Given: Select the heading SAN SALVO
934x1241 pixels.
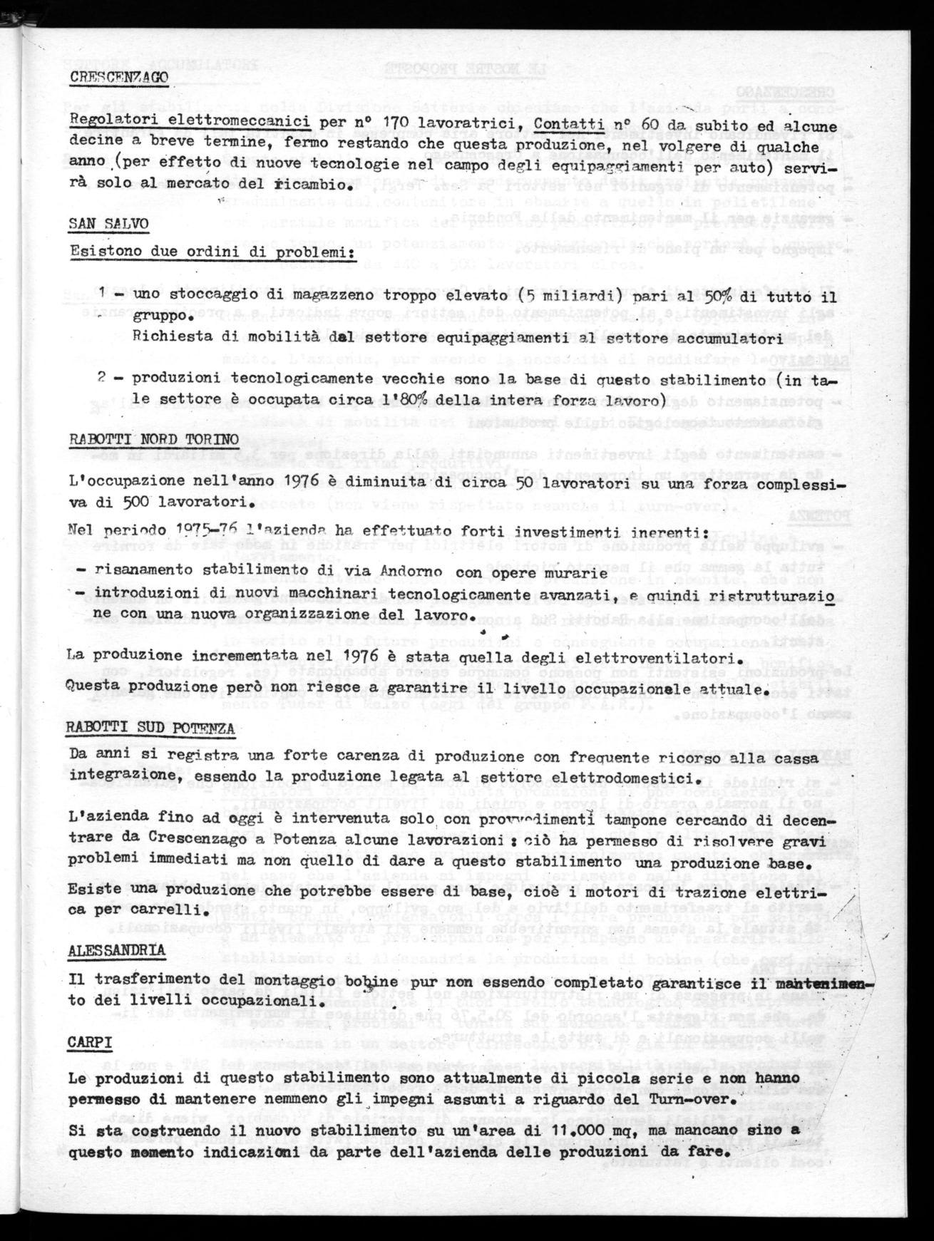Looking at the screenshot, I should (109, 224).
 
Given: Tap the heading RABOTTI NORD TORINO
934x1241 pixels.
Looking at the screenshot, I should (154, 440).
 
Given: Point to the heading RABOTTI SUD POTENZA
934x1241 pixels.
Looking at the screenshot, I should (151, 728).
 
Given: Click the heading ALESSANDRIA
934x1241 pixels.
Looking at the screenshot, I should (117, 950).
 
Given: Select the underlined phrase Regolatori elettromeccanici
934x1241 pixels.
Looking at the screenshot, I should (190, 122).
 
